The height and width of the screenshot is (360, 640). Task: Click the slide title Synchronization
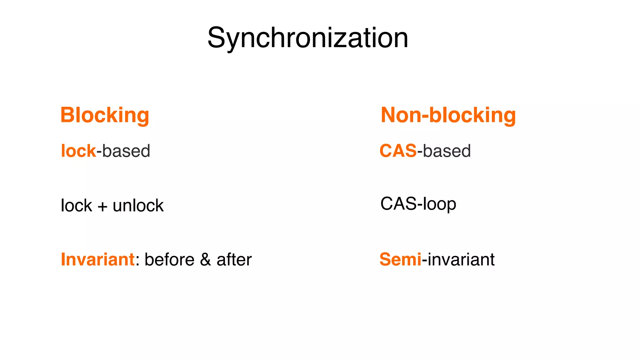[x=308, y=38]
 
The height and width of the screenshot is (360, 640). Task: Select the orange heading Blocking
[x=105, y=115]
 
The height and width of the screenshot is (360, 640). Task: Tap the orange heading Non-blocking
[x=448, y=115]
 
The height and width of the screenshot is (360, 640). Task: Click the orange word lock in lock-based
[x=78, y=151]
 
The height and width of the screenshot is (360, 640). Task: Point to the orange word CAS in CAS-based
[x=398, y=151]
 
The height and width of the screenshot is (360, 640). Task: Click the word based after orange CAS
[x=447, y=151]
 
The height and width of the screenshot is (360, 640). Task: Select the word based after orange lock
[x=126, y=151]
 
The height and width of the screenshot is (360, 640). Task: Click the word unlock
[x=138, y=206]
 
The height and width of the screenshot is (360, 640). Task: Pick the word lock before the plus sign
[x=76, y=206]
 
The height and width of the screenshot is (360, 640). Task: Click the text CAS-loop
[x=418, y=204]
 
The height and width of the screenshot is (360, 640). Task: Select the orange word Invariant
[x=97, y=259]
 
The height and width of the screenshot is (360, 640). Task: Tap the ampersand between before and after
[x=205, y=259]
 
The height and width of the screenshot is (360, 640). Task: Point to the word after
[x=234, y=259]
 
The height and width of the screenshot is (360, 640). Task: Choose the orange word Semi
[x=400, y=259]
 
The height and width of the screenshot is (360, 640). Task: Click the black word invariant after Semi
[x=461, y=259]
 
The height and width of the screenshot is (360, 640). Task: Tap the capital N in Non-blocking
[x=388, y=115]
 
